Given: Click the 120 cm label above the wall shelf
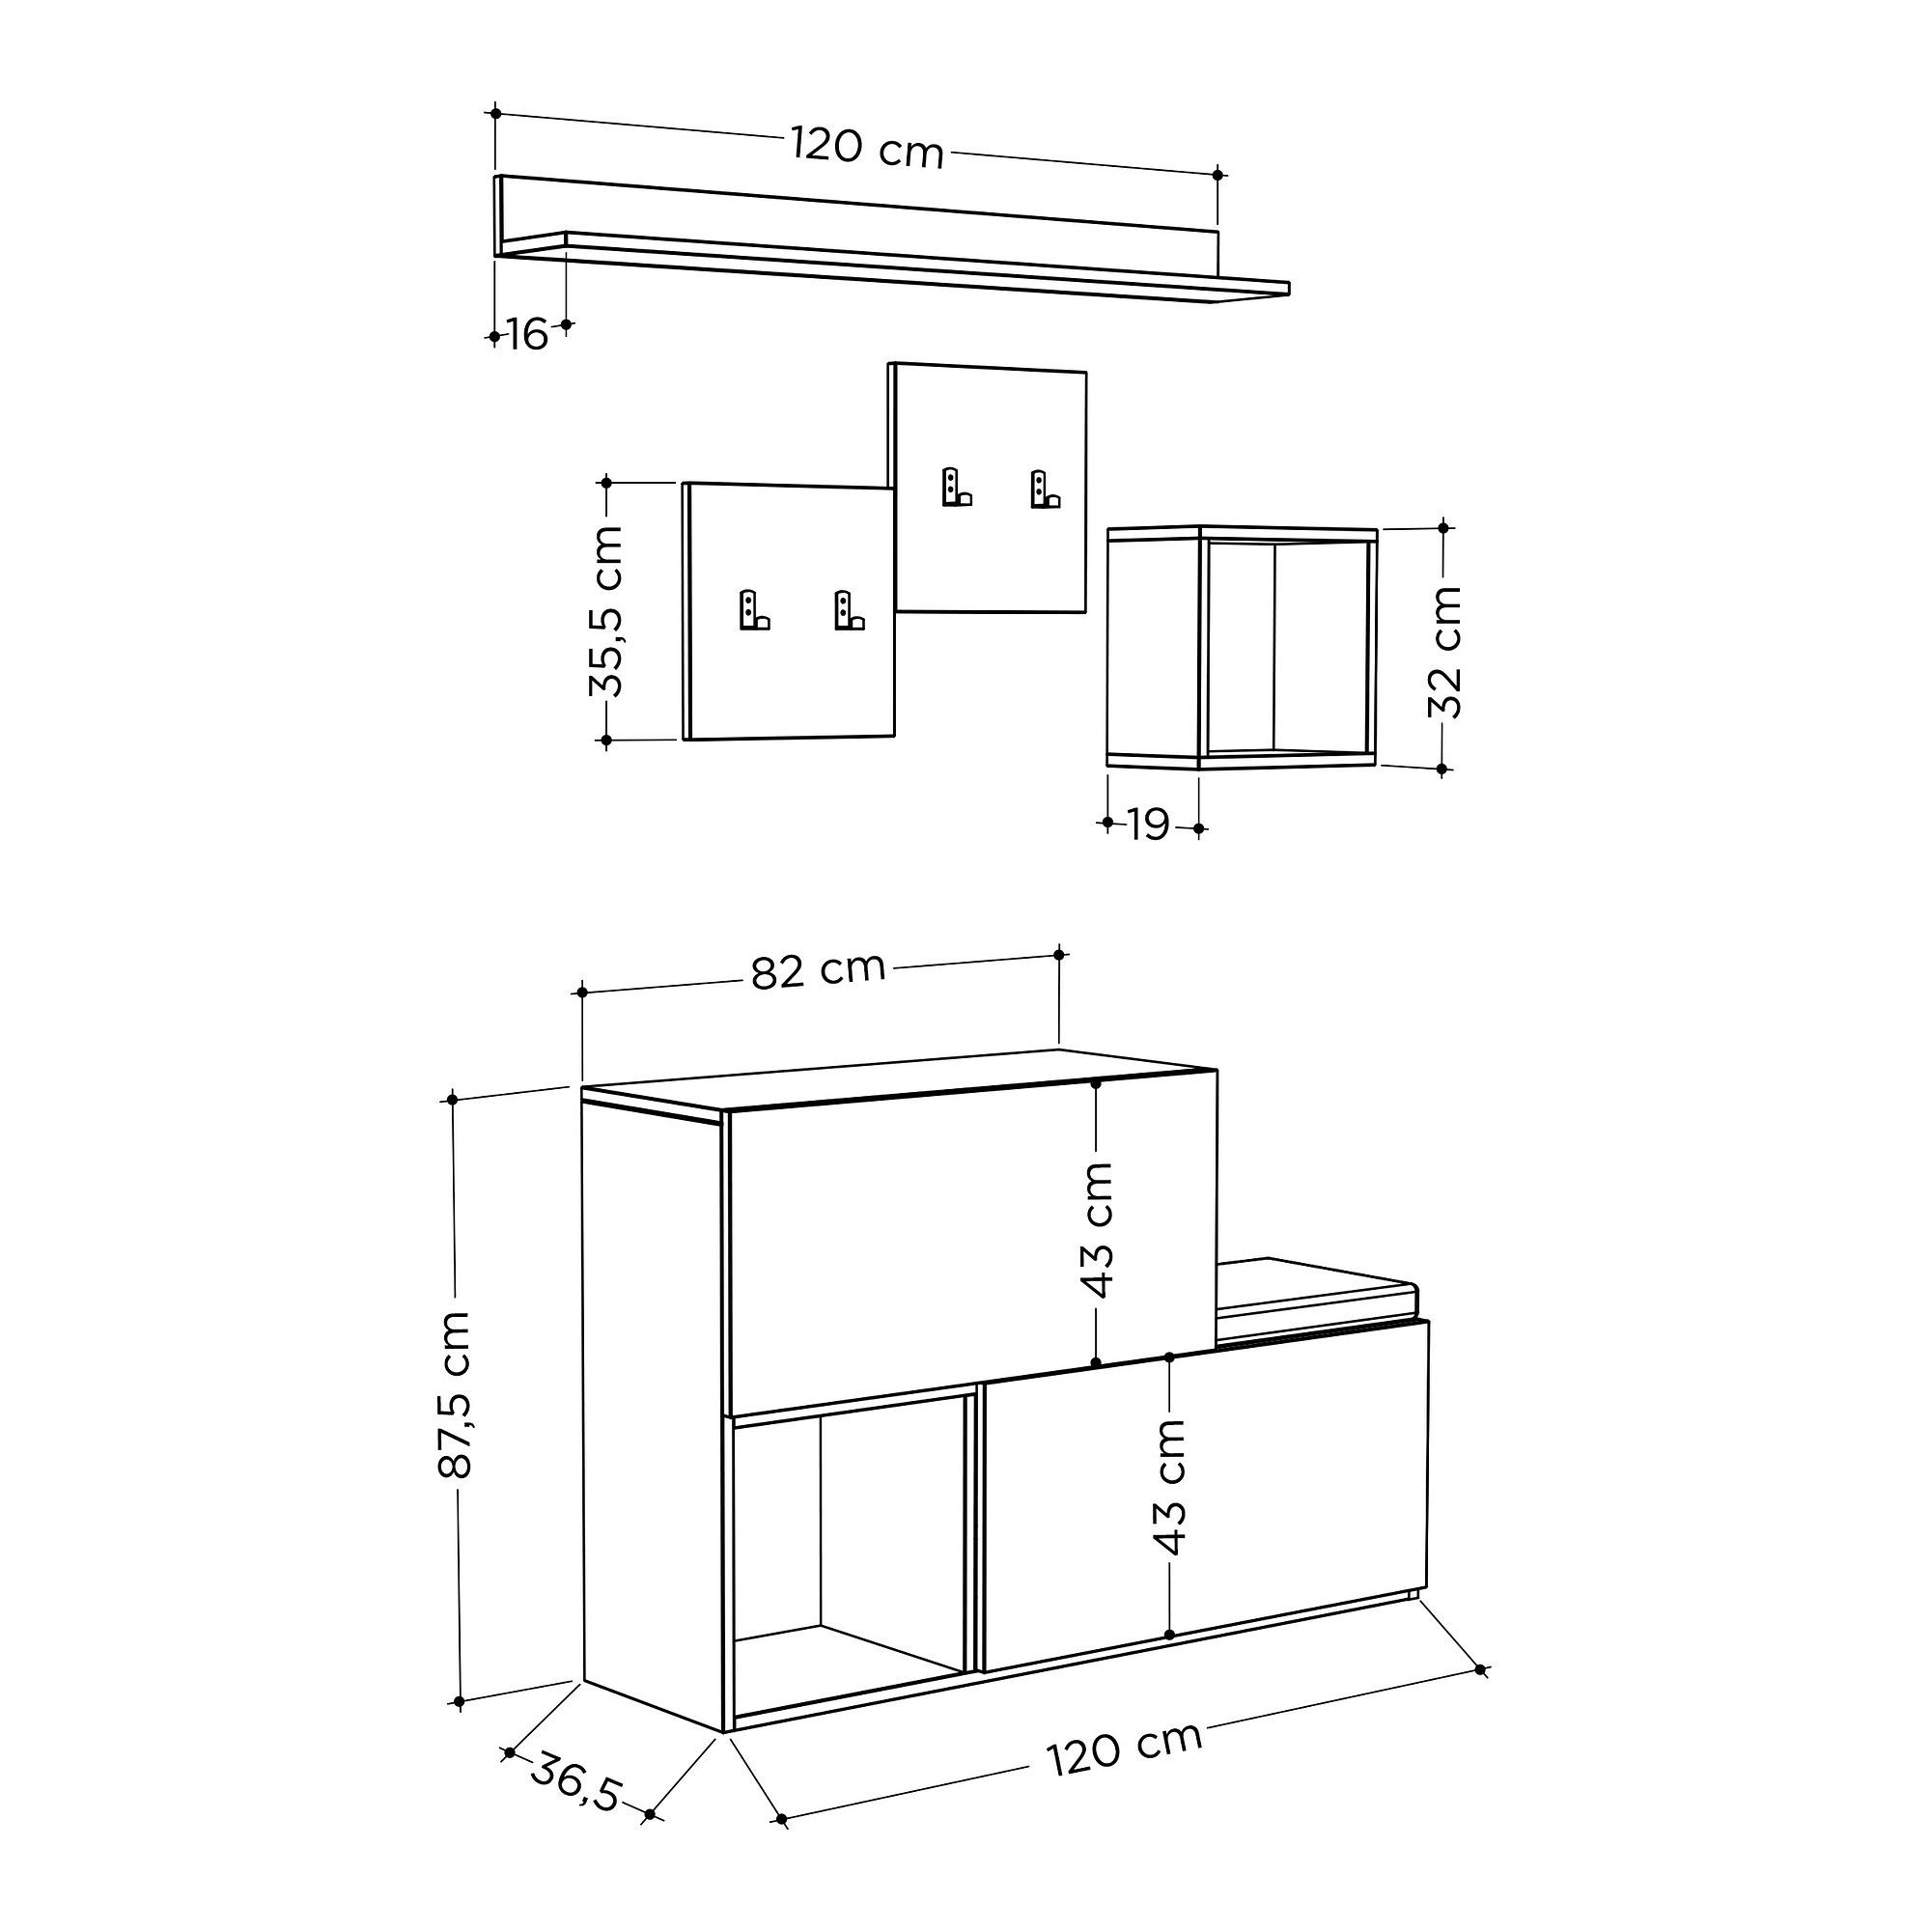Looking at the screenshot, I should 867,148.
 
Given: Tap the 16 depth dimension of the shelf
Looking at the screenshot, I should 527,335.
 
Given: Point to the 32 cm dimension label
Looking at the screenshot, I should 1444,651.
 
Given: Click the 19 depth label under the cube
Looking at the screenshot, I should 1148,826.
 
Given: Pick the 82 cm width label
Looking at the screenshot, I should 818,969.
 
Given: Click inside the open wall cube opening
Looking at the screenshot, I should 1287,647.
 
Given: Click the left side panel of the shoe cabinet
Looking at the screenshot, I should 651,1399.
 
